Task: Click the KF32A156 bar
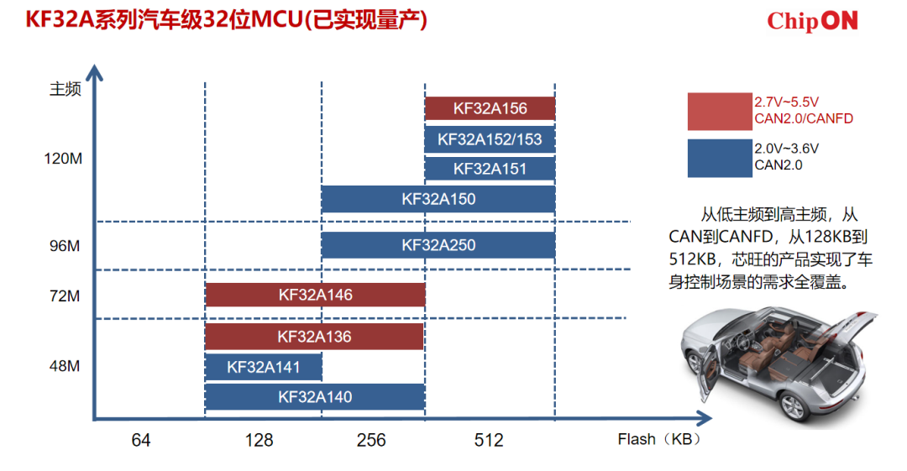[x=490, y=108]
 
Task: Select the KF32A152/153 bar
[x=490, y=139]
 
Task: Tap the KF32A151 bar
[x=490, y=169]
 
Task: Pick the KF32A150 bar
[x=438, y=199]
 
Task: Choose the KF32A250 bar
[x=438, y=245]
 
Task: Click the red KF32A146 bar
[x=315, y=295]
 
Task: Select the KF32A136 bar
[x=315, y=336]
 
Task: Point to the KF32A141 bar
[x=264, y=367]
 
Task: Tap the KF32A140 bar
[x=315, y=397]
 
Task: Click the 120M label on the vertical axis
[x=63, y=159]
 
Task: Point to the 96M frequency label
[x=65, y=246]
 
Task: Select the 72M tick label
[x=65, y=296]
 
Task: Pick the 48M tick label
[x=65, y=366]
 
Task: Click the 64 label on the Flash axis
[x=141, y=440]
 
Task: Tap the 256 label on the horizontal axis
[x=371, y=440]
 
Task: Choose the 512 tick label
[x=489, y=440]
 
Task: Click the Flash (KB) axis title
[x=659, y=439]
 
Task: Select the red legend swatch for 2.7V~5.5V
[x=720, y=111]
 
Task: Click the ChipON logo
[x=812, y=22]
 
